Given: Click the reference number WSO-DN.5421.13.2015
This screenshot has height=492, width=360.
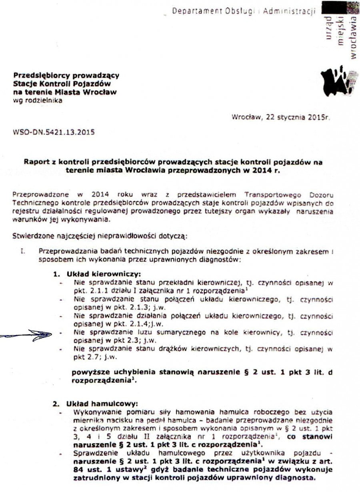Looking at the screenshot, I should click(54, 132).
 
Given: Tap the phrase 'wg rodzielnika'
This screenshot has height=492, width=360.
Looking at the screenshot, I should click(38, 100).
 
